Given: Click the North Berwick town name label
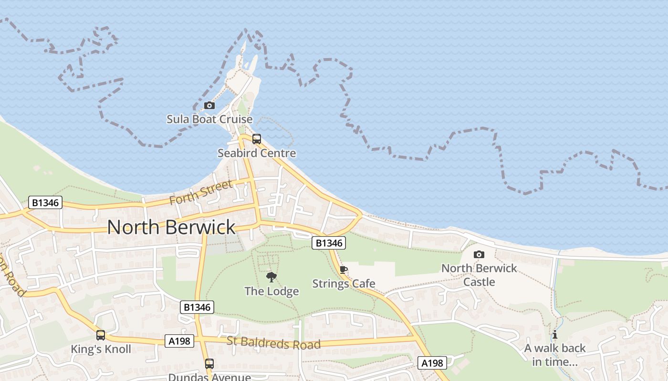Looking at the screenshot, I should pyautogui.click(x=171, y=227).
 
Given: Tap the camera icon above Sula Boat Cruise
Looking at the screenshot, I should pyautogui.click(x=209, y=105).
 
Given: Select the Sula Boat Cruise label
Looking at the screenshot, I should pyautogui.click(x=209, y=119).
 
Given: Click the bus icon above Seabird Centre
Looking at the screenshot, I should pyautogui.click(x=257, y=139).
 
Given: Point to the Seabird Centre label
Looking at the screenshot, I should pyautogui.click(x=257, y=153).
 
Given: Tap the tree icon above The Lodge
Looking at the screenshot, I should pyautogui.click(x=271, y=277).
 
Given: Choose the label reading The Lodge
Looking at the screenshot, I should pyautogui.click(x=271, y=291).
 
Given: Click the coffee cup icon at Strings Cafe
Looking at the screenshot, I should pyautogui.click(x=343, y=270).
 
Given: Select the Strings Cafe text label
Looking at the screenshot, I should pyautogui.click(x=344, y=284).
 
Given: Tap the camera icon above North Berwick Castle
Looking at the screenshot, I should pyautogui.click(x=479, y=254).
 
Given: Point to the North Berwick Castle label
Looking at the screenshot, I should pyautogui.click(x=479, y=275).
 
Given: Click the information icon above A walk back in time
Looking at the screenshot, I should pyautogui.click(x=555, y=334).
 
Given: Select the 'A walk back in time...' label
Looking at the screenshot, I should pyautogui.click(x=555, y=355).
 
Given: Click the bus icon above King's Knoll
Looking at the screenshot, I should pyautogui.click(x=100, y=335).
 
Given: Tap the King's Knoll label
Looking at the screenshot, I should pyautogui.click(x=101, y=349).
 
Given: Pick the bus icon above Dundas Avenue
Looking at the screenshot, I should pyautogui.click(x=209, y=364).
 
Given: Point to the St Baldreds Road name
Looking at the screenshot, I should pyautogui.click(x=273, y=342).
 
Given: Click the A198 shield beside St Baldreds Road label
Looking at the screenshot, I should pyautogui.click(x=179, y=341).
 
